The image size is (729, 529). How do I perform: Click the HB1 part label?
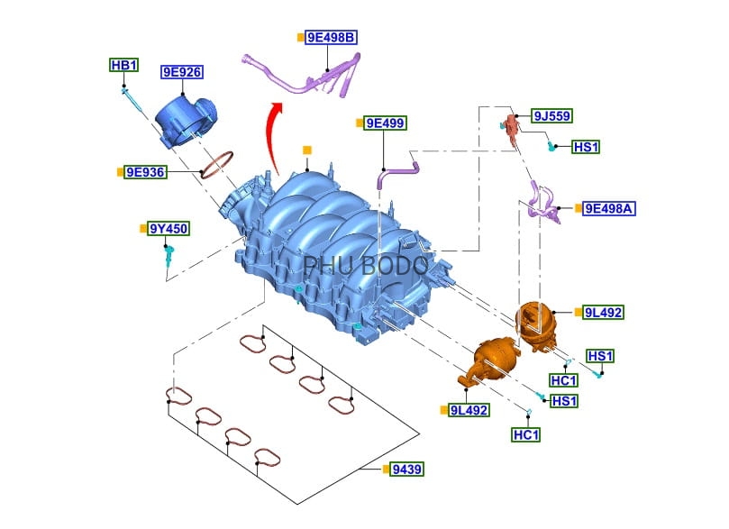[123, 65]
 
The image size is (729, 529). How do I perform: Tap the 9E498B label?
[331, 38]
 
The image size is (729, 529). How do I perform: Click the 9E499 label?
[385, 123]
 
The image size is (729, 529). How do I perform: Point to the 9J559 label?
[551, 116]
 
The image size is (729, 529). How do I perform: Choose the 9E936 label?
[145, 171]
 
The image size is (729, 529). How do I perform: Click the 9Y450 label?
[169, 229]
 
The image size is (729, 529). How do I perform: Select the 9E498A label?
[610, 208]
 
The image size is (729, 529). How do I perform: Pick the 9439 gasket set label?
[407, 470]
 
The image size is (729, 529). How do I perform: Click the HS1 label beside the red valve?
[586, 147]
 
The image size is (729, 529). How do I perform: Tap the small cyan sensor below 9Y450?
[168, 258]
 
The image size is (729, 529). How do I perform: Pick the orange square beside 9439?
[385, 470]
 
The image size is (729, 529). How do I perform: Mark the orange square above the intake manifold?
[307, 150]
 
